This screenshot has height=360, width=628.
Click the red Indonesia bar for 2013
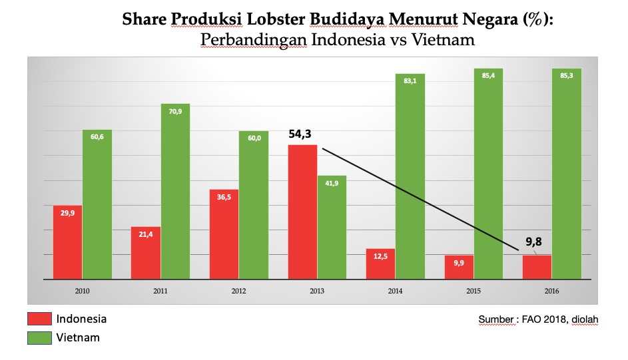pyautogui.click(x=303, y=212)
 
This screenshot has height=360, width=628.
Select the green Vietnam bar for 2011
pyautogui.click(x=175, y=191)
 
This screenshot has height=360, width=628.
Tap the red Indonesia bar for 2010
pyautogui.click(x=67, y=242)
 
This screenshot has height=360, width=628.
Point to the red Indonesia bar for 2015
pyautogui.click(x=460, y=267)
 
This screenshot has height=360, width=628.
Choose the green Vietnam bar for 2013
pyautogui.click(x=332, y=227)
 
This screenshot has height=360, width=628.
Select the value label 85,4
pyautogui.click(x=489, y=75)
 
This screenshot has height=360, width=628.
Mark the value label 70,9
pyautogui.click(x=175, y=112)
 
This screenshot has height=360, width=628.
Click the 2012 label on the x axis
pyautogui.click(x=239, y=291)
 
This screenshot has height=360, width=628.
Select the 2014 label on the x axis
pyautogui.click(x=396, y=291)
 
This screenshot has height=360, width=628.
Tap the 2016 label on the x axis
pyautogui.click(x=552, y=291)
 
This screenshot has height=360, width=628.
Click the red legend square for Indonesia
pyautogui.click(x=39, y=319)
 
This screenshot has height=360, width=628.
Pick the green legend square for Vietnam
pyautogui.click(x=39, y=338)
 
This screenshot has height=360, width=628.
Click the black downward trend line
pyautogui.click(x=420, y=199)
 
